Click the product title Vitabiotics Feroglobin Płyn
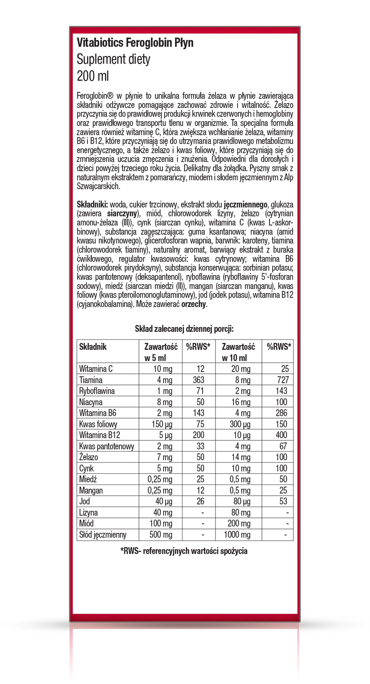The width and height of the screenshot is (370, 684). click(135, 43)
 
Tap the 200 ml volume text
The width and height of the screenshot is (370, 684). click(93, 76)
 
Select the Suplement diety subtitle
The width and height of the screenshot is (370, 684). click(113, 59)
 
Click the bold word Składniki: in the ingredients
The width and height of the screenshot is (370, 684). click(92, 204)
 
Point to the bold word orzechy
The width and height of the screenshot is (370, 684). click(193, 304)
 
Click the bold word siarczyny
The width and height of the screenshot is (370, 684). click(122, 213)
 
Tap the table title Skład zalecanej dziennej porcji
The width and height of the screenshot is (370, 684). click(184, 329)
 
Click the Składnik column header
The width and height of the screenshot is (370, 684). click(93, 347)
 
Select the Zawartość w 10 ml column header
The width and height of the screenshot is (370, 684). click(238, 352)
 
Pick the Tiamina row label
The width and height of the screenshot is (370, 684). click(91, 380)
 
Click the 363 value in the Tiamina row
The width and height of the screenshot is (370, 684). click(198, 380)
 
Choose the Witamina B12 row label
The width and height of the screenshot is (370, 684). click(100, 435)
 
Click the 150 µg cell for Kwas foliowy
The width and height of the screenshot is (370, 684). click(162, 424)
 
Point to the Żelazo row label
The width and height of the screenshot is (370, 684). click(89, 457)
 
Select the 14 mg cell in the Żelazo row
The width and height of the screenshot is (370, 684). click(241, 457)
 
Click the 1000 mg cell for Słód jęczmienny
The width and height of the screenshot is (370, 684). click(237, 535)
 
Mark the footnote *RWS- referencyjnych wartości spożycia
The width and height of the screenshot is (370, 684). click(184, 551)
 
